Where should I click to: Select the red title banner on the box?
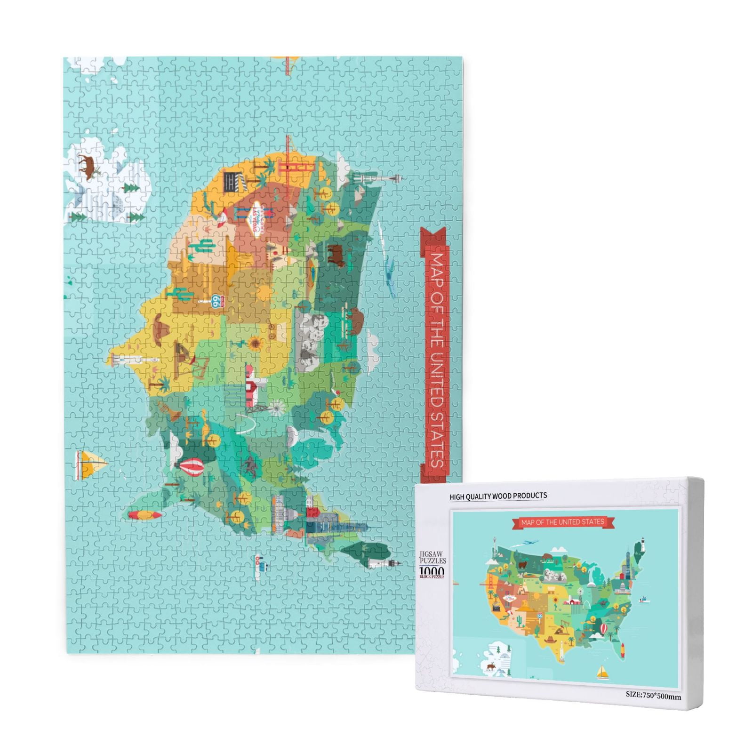point(562,522)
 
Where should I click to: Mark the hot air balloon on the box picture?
point(603,628)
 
